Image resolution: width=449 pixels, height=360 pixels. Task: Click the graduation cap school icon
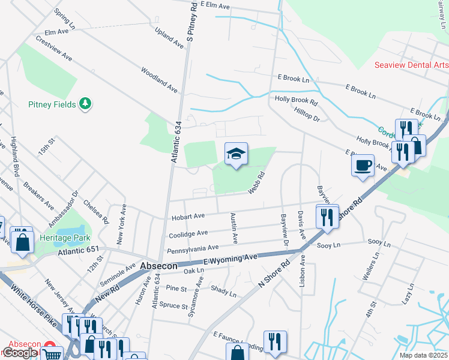[x=236, y=154]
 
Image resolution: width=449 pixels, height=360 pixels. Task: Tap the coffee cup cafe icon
[x=363, y=165]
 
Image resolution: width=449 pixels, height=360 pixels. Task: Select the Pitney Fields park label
[x=52, y=104]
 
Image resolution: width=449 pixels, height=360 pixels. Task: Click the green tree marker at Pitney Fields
[x=86, y=104]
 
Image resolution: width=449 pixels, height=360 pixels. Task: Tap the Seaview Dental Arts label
[x=411, y=65]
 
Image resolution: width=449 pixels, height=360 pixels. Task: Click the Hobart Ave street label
[x=188, y=216]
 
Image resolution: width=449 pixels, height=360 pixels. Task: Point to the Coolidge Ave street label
[x=188, y=233]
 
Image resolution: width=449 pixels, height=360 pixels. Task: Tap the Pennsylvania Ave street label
[x=193, y=248]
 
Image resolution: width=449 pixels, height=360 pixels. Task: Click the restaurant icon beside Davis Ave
[x=326, y=216]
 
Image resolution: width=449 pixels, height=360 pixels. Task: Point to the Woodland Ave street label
[x=159, y=80]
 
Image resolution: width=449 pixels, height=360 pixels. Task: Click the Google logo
[x=20, y=353]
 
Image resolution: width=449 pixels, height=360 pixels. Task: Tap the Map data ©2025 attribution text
[x=423, y=355]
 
